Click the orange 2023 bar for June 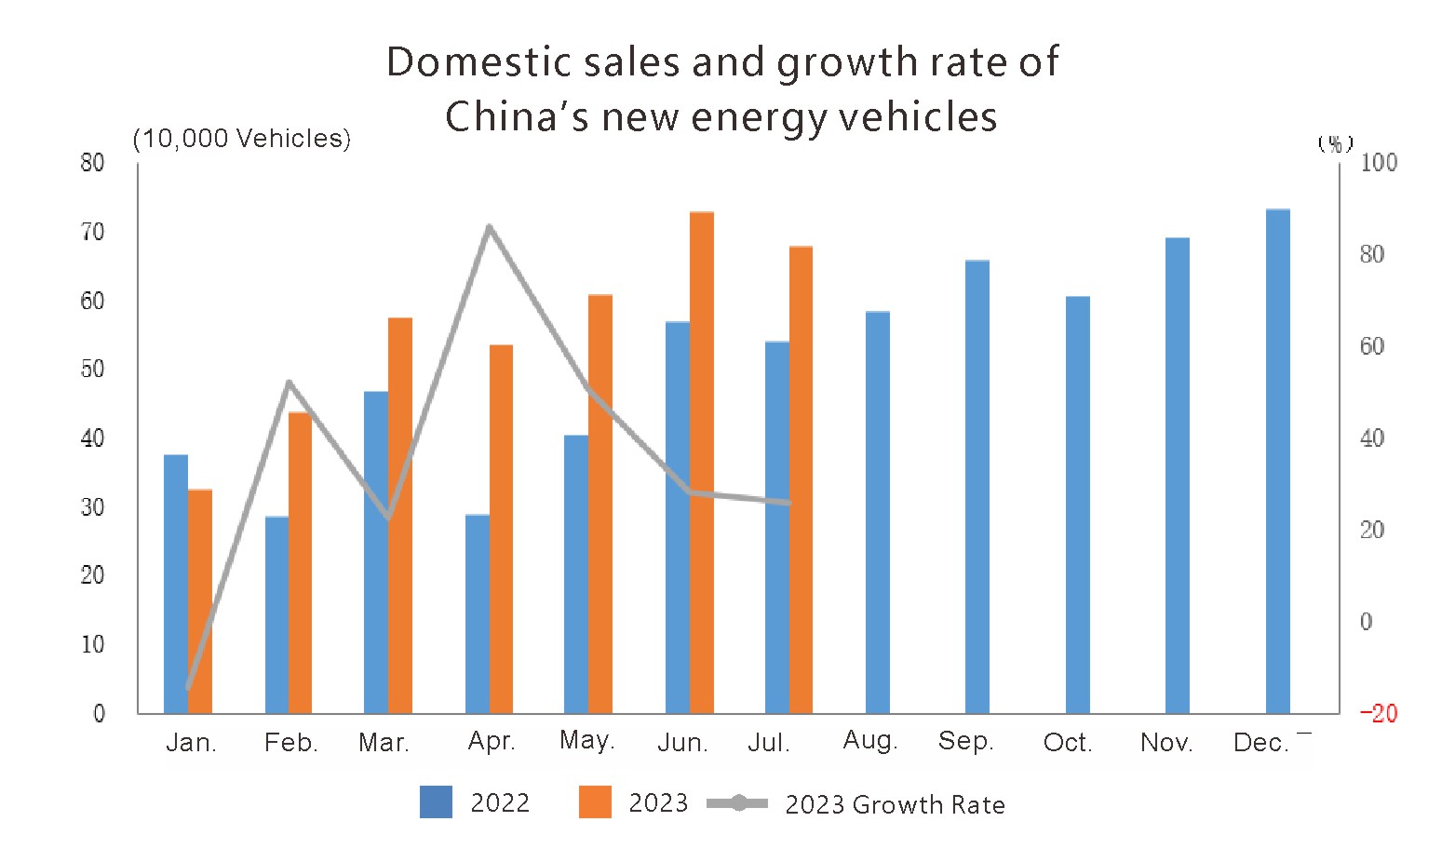702,463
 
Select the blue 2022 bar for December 1277,462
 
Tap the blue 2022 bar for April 477,613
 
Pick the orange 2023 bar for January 201,601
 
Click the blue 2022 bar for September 977,487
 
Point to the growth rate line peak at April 490,226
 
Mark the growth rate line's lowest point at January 188,688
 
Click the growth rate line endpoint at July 788,503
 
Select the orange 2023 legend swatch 595,802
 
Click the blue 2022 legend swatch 436,802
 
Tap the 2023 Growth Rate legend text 895,805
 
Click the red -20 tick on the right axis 1378,713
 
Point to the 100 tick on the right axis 1379,163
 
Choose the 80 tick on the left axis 92,163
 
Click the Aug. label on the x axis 869,741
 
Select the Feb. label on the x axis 290,743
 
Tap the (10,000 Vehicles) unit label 242,139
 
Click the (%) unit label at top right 1335,143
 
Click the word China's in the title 517,117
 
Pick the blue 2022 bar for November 1177,476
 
